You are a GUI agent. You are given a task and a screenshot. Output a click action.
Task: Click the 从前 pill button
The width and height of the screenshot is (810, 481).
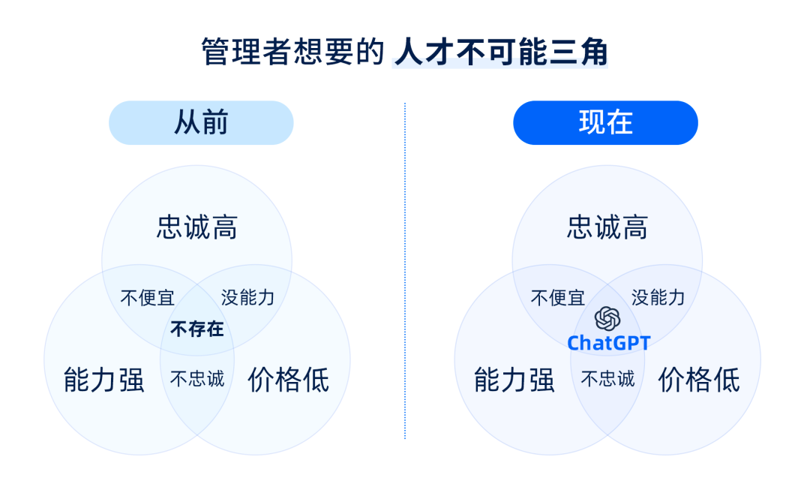201,122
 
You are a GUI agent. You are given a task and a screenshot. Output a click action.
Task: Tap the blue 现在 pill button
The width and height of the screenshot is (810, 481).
605,122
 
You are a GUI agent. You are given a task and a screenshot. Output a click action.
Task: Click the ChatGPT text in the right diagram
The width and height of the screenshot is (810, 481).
608,343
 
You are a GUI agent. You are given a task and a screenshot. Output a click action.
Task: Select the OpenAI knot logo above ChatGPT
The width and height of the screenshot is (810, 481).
607,318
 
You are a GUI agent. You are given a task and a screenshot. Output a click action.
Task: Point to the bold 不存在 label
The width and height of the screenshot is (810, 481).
196,329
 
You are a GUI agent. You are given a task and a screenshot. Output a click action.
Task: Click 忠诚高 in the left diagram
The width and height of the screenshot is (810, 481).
196,227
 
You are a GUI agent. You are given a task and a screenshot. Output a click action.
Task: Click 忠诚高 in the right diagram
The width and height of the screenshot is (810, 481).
607,227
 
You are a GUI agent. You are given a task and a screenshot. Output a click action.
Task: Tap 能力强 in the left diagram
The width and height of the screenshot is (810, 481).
103,380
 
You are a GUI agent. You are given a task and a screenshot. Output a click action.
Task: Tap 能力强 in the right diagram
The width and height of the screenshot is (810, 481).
514,380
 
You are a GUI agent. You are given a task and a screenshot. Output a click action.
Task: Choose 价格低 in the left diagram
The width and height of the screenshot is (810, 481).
288,380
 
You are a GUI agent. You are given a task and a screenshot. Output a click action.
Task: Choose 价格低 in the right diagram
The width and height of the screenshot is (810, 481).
699,380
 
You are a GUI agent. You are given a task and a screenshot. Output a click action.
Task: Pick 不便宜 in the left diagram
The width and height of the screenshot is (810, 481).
147,298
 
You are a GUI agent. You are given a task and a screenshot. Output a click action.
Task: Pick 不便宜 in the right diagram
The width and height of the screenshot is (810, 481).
558,298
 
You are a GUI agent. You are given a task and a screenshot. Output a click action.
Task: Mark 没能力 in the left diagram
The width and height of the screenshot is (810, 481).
248,298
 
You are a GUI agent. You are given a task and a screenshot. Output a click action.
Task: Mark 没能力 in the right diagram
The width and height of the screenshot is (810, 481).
658,298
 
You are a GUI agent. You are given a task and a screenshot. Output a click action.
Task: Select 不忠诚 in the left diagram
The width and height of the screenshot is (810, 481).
196,379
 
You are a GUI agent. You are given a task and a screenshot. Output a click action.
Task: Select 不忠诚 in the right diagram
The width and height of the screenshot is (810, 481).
607,379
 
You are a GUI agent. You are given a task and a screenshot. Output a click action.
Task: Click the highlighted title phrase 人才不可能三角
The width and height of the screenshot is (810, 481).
500,53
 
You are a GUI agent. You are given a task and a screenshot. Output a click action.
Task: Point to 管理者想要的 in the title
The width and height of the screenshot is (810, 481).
292,53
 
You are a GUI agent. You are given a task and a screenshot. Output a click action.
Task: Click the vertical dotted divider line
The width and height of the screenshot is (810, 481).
405,271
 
